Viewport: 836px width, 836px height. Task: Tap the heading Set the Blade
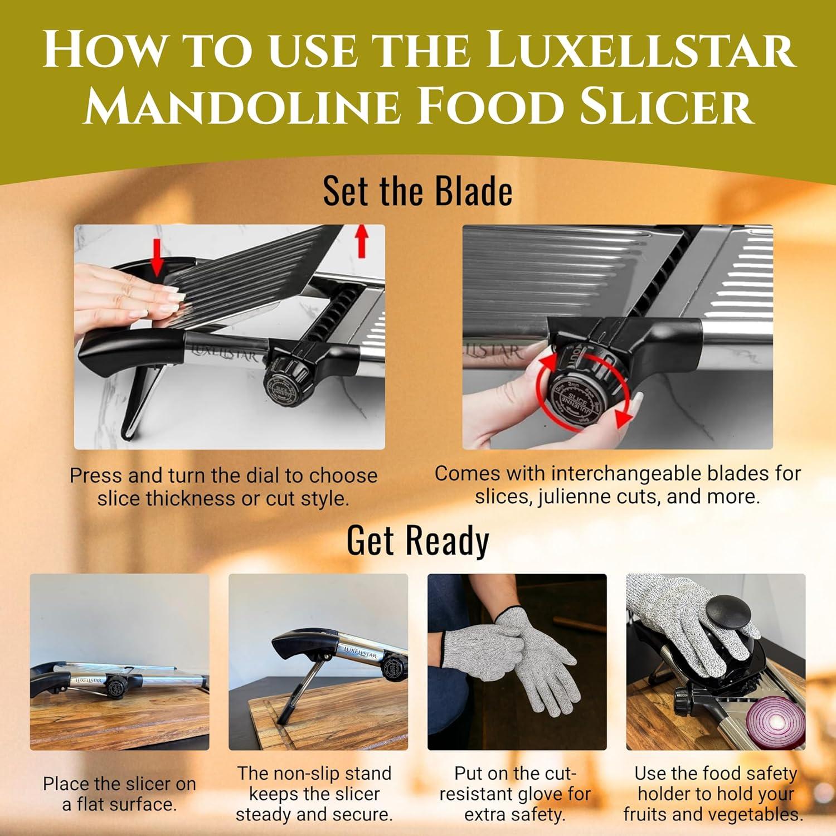417,191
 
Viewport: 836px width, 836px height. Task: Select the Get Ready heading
417,541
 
